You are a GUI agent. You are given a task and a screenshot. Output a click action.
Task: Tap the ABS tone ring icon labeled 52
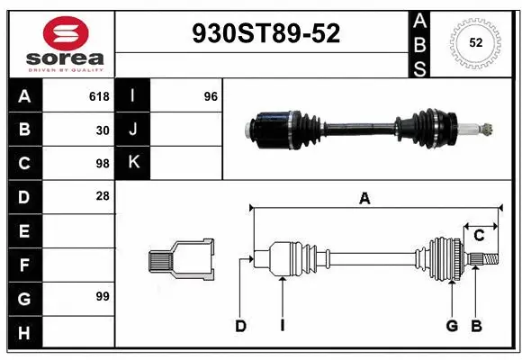point(474,42)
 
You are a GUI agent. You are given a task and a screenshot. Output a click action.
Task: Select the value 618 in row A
point(98,96)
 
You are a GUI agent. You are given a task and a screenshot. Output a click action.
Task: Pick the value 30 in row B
point(102,130)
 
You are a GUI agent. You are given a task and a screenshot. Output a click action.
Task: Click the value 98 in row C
point(102,163)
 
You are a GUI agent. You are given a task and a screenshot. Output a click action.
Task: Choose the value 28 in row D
point(102,196)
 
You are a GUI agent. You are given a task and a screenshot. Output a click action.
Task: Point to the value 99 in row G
point(102,296)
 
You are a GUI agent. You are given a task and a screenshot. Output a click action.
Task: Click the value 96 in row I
point(211,96)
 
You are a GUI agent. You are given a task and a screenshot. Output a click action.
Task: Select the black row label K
point(133,163)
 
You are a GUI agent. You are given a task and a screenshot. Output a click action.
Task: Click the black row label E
point(23,230)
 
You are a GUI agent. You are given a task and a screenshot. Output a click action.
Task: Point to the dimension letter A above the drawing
point(364,200)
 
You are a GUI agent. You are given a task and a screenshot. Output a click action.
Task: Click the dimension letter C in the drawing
point(480,235)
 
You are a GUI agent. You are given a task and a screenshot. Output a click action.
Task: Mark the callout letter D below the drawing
point(240,326)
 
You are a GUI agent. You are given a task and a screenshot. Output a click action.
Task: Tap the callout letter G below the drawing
point(452,326)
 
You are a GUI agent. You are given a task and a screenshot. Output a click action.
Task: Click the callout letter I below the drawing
point(282,326)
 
